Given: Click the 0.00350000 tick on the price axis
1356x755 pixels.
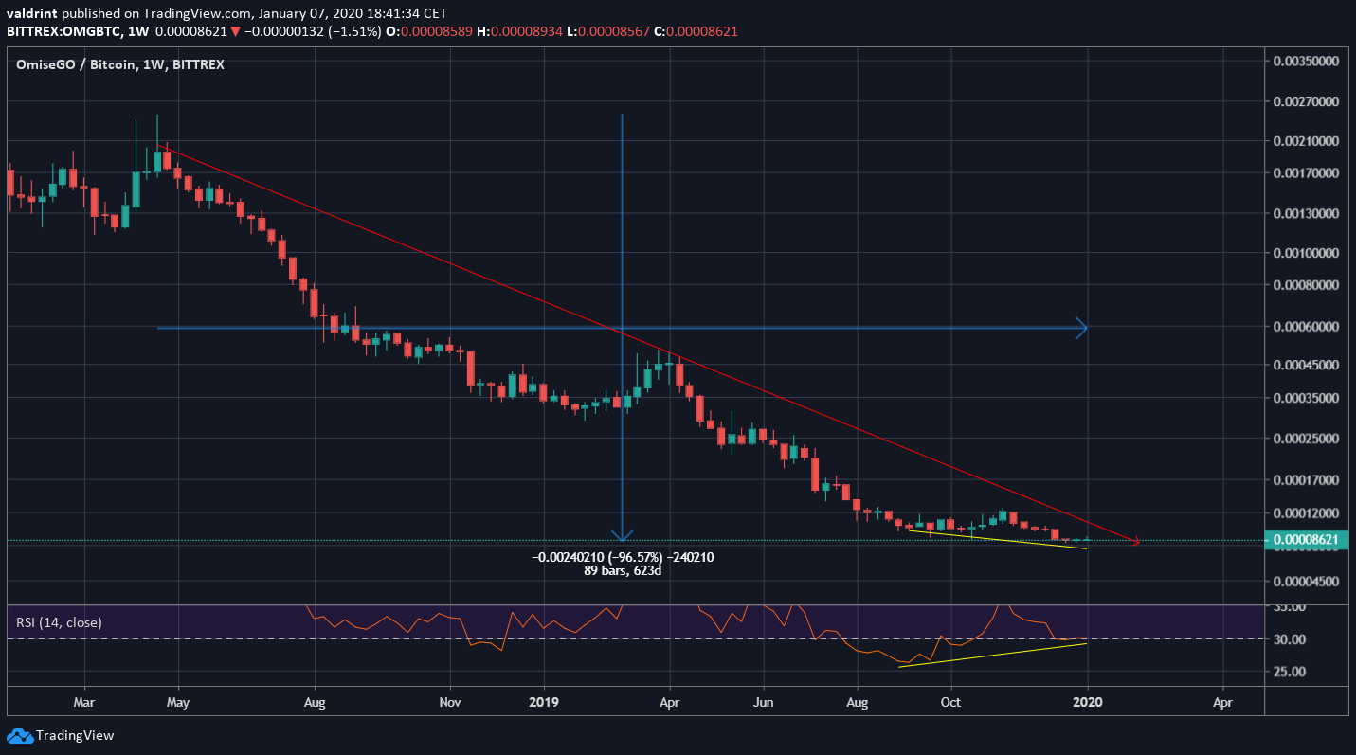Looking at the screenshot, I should pyautogui.click(x=1311, y=60).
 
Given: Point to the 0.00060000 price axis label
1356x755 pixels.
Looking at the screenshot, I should pyautogui.click(x=1311, y=326).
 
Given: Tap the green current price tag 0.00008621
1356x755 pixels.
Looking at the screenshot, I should pyautogui.click(x=1311, y=540).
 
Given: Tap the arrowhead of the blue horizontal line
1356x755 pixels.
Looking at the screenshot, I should pyautogui.click(x=1082, y=328).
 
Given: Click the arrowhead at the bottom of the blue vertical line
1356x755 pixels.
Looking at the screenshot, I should pyautogui.click(x=622, y=535).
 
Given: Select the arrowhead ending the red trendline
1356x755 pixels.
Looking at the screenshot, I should pyautogui.click(x=1135, y=542).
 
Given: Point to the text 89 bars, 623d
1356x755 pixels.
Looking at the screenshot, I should pyautogui.click(x=623, y=572).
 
